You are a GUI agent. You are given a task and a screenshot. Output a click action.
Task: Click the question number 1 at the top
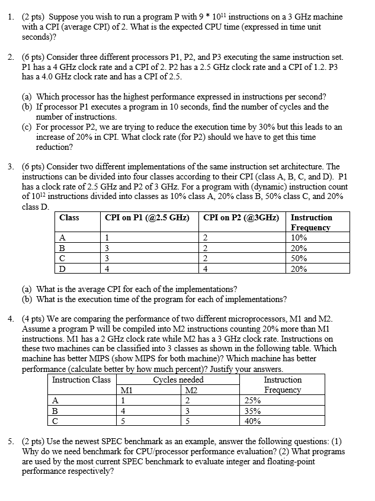(x=11, y=17)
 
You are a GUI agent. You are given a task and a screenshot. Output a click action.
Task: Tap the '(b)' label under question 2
(x=28, y=107)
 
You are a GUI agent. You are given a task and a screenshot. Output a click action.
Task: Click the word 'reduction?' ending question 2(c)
(x=55, y=147)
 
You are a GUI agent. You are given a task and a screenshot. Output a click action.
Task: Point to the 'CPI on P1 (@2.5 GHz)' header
(x=147, y=217)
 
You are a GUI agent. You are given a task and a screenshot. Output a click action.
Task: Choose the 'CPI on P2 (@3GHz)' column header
(x=241, y=217)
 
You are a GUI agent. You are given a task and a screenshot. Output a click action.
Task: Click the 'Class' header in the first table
(x=69, y=217)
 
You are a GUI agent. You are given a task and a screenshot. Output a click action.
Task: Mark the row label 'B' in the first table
(x=63, y=248)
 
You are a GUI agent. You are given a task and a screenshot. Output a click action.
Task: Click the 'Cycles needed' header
(x=178, y=380)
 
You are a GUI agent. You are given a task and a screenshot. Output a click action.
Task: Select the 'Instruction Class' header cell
(x=81, y=380)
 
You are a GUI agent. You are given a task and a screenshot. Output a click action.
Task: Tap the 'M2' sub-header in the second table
(x=191, y=390)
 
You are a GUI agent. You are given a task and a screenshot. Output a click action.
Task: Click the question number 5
(x=11, y=442)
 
